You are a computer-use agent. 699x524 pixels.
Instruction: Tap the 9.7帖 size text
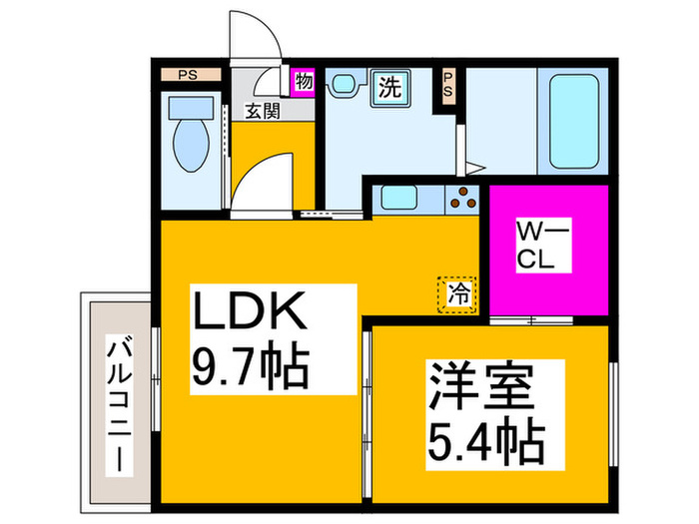point(250,368)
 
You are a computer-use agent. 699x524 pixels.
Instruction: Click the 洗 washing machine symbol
point(389,88)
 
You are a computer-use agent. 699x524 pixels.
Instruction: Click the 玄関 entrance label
point(262,110)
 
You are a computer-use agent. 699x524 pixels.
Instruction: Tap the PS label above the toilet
point(187,73)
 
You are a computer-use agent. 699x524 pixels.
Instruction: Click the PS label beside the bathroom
point(448,85)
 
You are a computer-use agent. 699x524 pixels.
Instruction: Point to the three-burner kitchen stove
point(463,200)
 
